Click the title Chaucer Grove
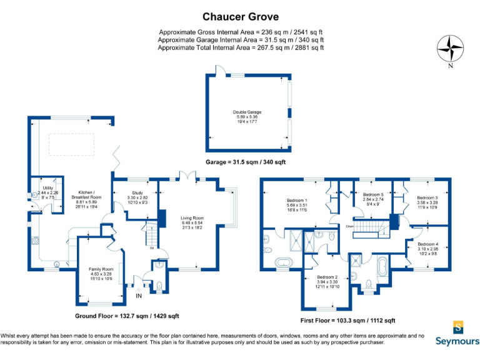[240, 16]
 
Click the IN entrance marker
[139, 296]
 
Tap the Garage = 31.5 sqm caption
[246, 161]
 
